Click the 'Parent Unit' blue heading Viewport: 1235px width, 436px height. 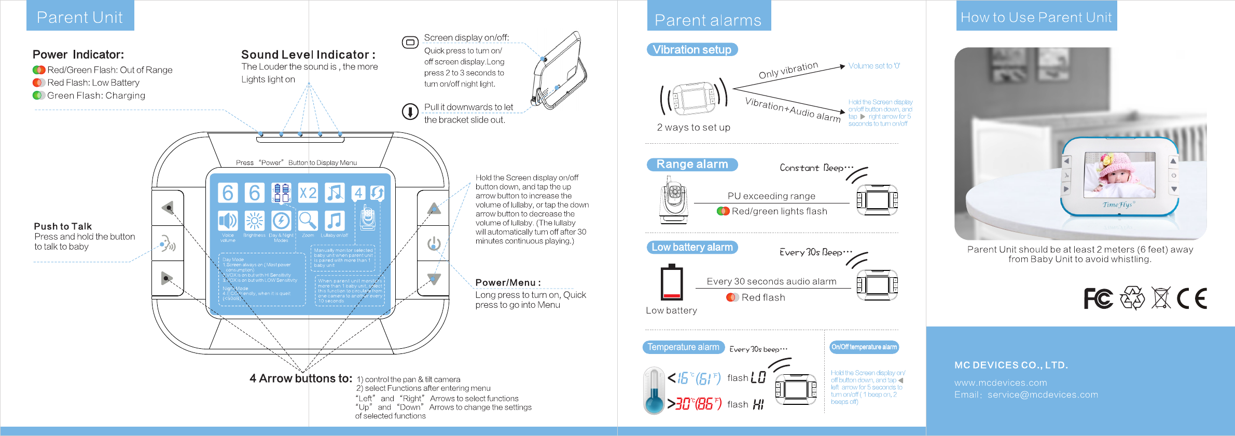pos(80,17)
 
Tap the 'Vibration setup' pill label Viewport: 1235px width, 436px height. pos(692,50)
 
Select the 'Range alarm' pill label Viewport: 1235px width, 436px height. pos(692,165)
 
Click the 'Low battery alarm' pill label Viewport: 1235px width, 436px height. pos(692,248)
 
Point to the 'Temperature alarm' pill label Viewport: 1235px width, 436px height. pos(683,347)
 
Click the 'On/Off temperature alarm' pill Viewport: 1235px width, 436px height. pos(864,347)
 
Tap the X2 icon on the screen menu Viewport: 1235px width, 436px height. pos(308,193)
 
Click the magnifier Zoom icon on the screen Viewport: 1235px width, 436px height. pos(308,221)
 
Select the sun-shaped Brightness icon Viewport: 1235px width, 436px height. pos(254,221)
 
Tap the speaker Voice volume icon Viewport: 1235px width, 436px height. pos(228,221)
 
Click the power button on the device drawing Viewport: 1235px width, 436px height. pos(434,243)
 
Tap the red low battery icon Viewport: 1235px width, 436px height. pos(671,283)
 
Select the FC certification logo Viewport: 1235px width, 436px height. pos(1098,298)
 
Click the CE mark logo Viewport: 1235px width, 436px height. pos(1191,298)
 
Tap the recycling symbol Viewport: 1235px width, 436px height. pos(1132,298)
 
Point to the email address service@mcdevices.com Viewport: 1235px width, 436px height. pos(1043,395)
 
